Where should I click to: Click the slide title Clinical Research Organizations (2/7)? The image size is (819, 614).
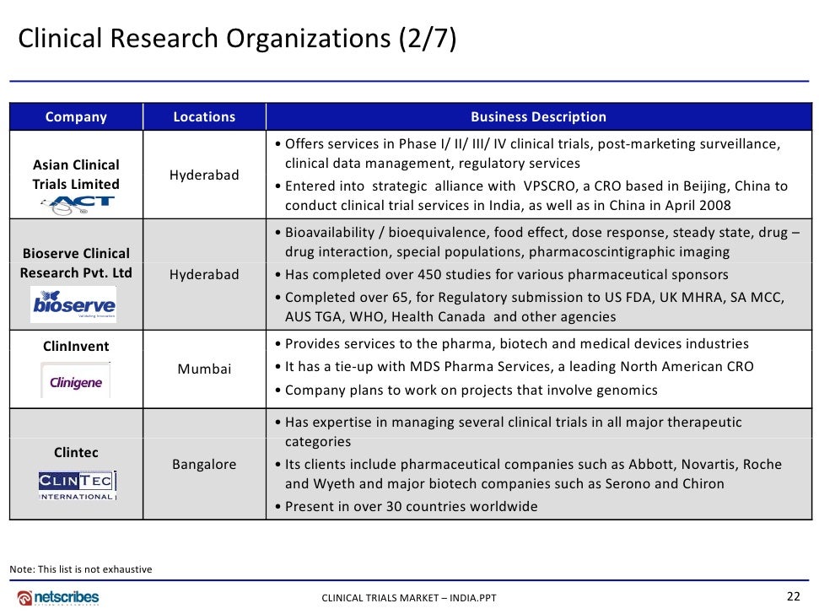[237, 39]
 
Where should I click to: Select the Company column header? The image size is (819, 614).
[76, 117]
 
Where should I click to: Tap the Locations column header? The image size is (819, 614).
[204, 117]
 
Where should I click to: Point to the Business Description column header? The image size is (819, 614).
[538, 117]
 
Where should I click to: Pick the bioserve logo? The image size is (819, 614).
[74, 304]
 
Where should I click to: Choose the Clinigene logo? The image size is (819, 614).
[76, 382]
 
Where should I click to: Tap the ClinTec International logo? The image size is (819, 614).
[76, 485]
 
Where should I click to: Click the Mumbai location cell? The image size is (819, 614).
[204, 369]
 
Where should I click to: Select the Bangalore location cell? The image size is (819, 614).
[204, 465]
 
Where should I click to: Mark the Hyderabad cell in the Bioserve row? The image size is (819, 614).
[204, 275]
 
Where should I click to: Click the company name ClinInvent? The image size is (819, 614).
[76, 346]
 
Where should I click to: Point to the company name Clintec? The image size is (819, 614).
[76, 453]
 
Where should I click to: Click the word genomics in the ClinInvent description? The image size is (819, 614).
[625, 390]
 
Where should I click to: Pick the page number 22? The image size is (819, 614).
[793, 596]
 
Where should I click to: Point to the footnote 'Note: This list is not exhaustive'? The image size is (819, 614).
[81, 569]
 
